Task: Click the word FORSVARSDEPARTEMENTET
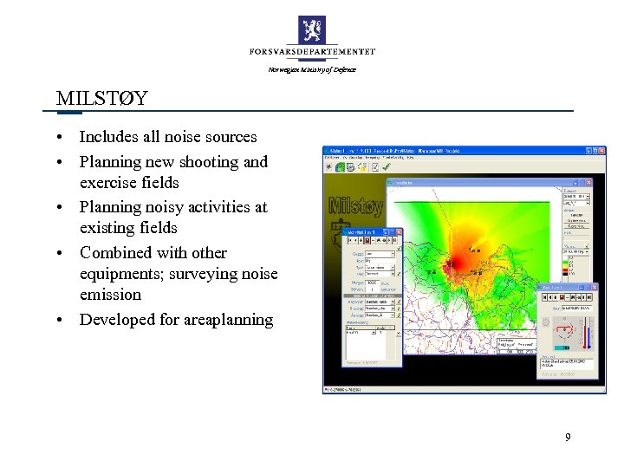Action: tap(312, 53)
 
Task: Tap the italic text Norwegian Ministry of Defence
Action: tap(312, 69)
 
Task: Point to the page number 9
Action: tap(568, 438)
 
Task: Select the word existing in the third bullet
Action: tap(107, 228)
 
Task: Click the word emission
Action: tap(111, 295)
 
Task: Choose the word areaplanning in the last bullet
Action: tap(229, 320)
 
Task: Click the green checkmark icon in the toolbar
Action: tap(330, 167)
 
